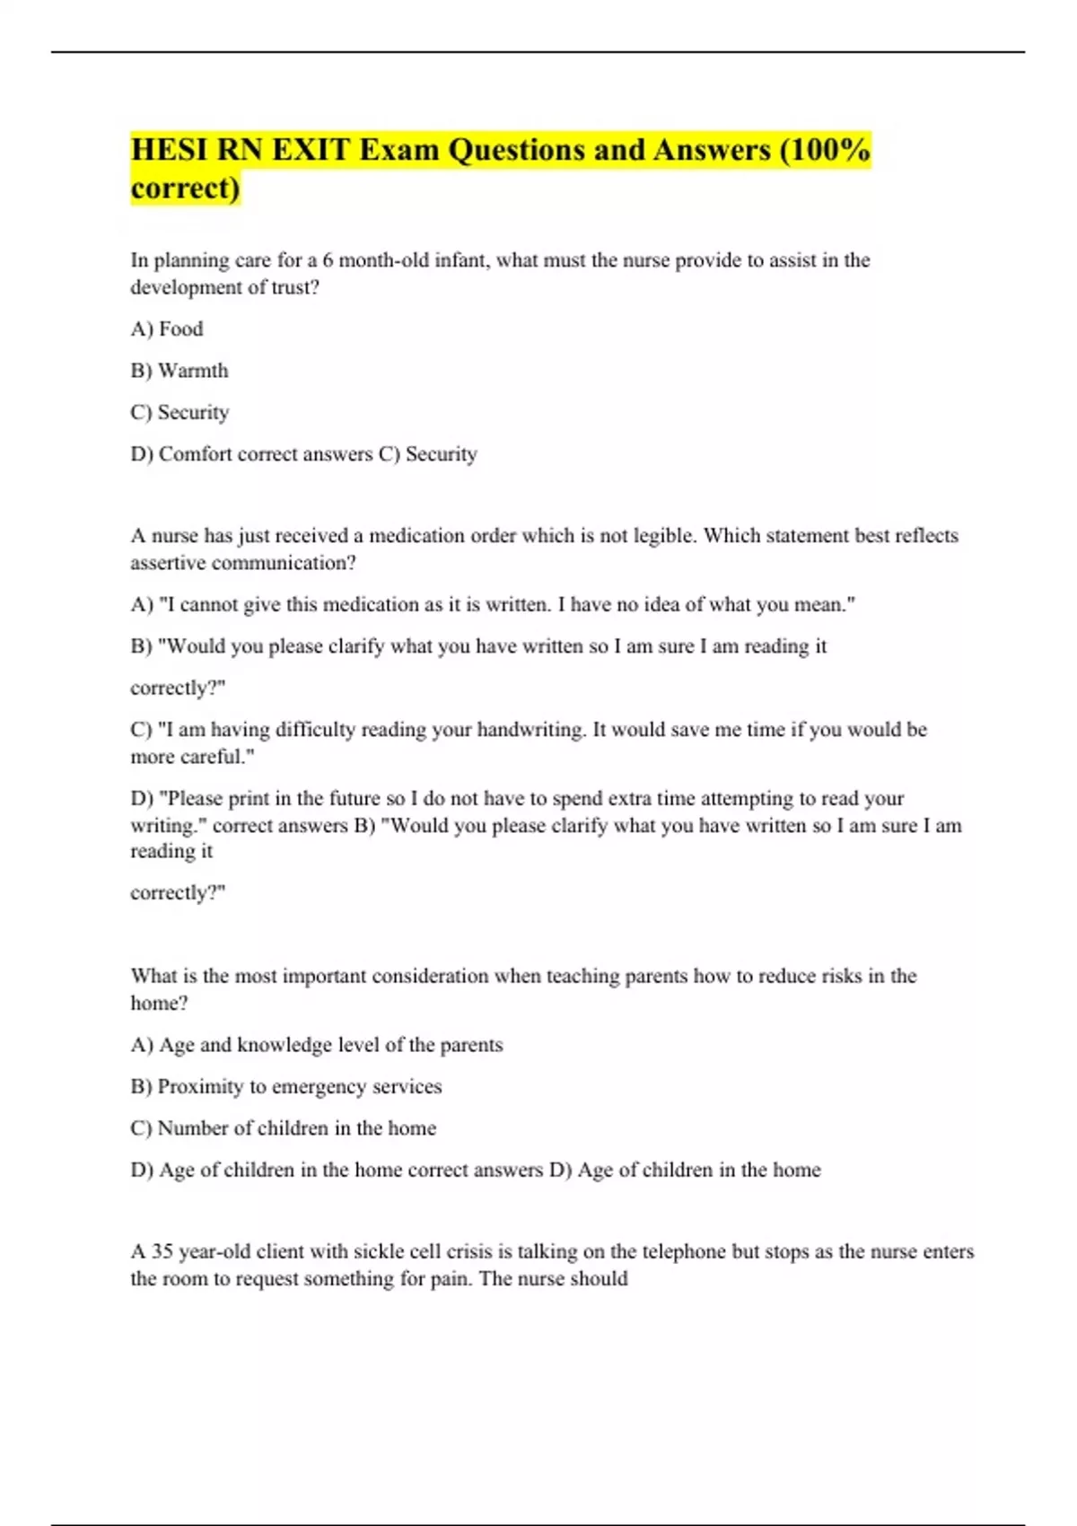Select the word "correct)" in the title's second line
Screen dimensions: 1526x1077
coord(185,189)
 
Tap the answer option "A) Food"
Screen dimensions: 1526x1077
coord(167,329)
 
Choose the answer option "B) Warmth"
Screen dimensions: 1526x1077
coord(179,371)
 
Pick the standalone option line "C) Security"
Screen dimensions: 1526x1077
coord(179,412)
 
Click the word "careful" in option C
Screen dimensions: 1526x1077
coord(213,757)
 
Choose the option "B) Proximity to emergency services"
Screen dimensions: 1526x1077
coord(286,1086)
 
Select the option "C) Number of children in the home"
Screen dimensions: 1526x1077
coord(284,1128)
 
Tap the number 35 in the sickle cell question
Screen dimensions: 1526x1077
coord(162,1251)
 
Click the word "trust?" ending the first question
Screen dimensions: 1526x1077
coord(295,287)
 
